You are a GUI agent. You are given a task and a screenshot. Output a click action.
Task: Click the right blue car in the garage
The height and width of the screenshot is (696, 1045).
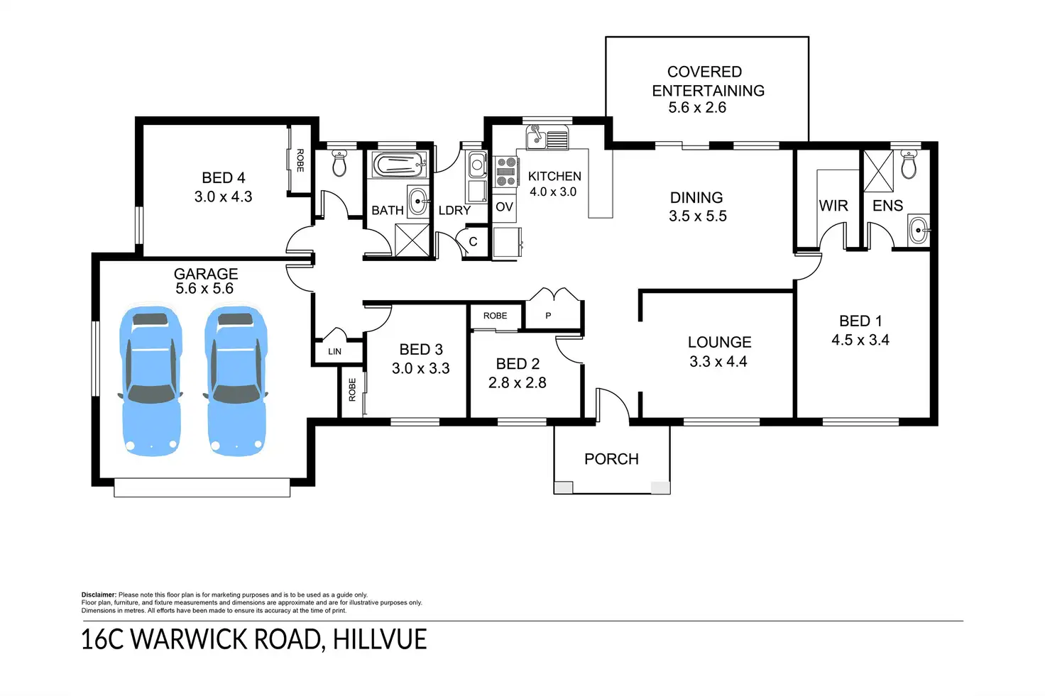pyautogui.click(x=236, y=380)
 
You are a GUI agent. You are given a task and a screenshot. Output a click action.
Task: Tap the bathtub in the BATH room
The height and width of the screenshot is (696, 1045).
pyautogui.click(x=400, y=166)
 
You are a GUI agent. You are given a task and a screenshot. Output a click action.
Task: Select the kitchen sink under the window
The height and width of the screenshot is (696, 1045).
pyautogui.click(x=547, y=138)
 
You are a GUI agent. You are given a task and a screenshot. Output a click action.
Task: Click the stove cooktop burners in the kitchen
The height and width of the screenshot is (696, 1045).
pyautogui.click(x=505, y=172)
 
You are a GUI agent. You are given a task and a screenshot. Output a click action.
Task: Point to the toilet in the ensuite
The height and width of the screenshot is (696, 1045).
pyautogui.click(x=909, y=165)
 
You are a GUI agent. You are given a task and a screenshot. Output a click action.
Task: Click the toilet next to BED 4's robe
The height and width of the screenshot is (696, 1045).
pyautogui.click(x=339, y=163)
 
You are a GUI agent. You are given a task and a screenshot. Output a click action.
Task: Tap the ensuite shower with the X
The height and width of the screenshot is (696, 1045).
pyautogui.click(x=877, y=171)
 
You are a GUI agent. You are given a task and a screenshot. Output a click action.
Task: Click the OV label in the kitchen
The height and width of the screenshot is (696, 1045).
pyautogui.click(x=504, y=207)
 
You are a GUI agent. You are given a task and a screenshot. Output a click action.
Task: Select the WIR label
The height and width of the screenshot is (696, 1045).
pyautogui.click(x=833, y=206)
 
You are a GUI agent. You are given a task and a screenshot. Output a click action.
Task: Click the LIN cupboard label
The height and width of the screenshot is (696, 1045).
pyautogui.click(x=334, y=351)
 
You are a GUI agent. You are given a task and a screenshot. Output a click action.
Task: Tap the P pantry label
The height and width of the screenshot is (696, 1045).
pyautogui.click(x=548, y=316)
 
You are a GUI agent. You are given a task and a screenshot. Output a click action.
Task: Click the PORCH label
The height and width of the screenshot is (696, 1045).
pyautogui.click(x=611, y=459)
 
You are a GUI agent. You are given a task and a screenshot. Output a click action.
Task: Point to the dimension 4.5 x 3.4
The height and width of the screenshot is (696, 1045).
pyautogui.click(x=860, y=340)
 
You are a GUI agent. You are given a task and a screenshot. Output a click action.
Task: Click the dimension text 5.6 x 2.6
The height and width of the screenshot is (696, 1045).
pyautogui.click(x=697, y=108)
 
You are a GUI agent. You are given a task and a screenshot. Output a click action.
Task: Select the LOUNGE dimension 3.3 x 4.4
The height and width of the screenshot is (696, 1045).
pyautogui.click(x=718, y=361)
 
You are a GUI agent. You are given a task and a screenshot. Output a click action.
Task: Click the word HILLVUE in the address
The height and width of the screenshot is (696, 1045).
pyautogui.click(x=380, y=639)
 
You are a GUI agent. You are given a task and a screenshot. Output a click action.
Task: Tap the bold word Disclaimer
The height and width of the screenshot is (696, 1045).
pyautogui.click(x=99, y=595)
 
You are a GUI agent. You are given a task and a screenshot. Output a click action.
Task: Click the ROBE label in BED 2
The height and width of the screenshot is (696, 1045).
pyautogui.click(x=495, y=316)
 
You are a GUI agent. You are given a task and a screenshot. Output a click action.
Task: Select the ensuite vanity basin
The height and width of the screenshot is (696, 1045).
pyautogui.click(x=919, y=230)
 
